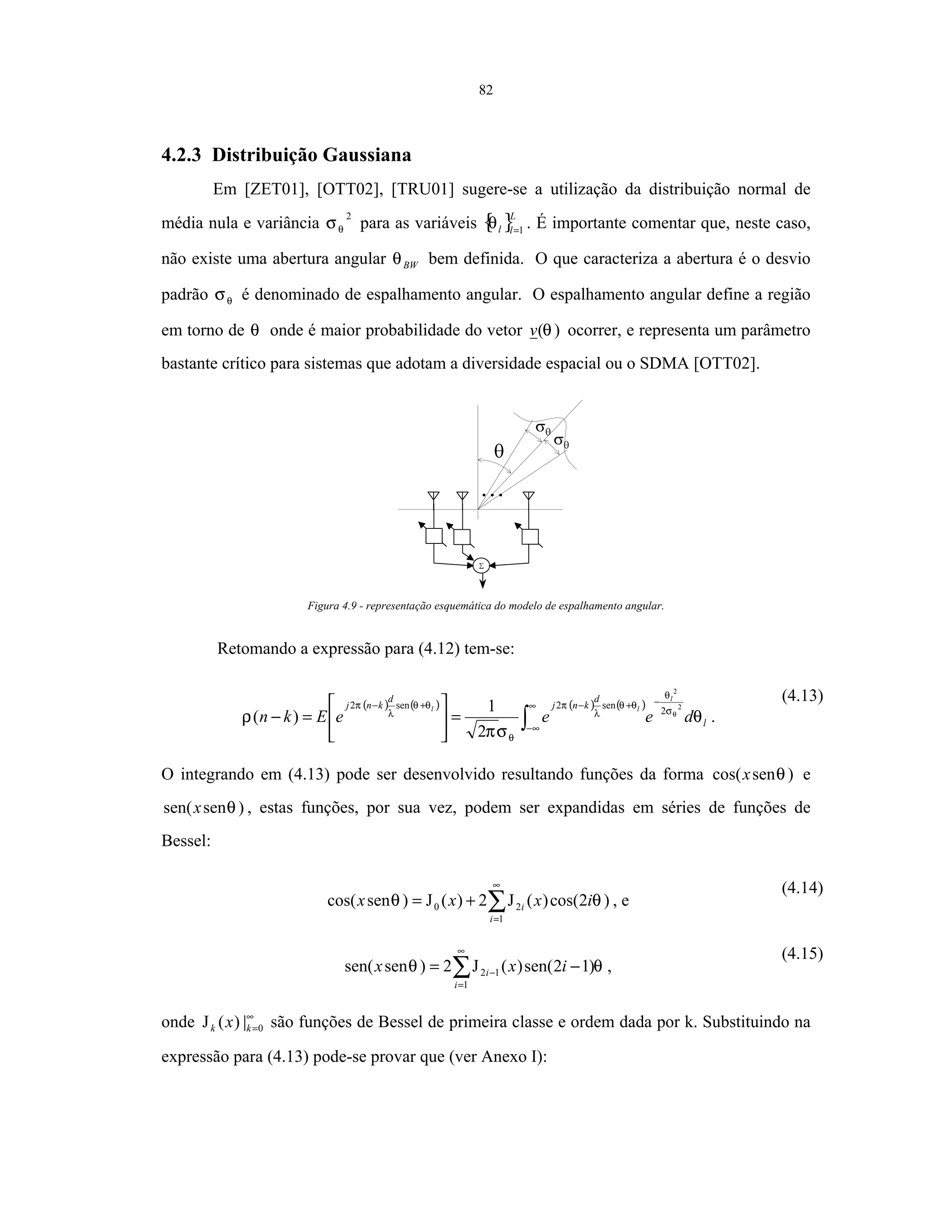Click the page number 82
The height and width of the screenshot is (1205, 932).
tap(485, 90)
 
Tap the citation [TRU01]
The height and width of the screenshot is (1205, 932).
tap(422, 190)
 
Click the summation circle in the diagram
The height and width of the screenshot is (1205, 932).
tap(481, 566)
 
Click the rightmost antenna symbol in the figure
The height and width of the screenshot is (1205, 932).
tap(529, 495)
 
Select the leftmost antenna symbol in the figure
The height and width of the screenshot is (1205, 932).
tap(434, 495)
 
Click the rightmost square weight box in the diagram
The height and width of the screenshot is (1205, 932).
tap(530, 536)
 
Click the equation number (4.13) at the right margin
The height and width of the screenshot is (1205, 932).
tap(802, 696)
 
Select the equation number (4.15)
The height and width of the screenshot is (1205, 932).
tap(802, 954)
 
